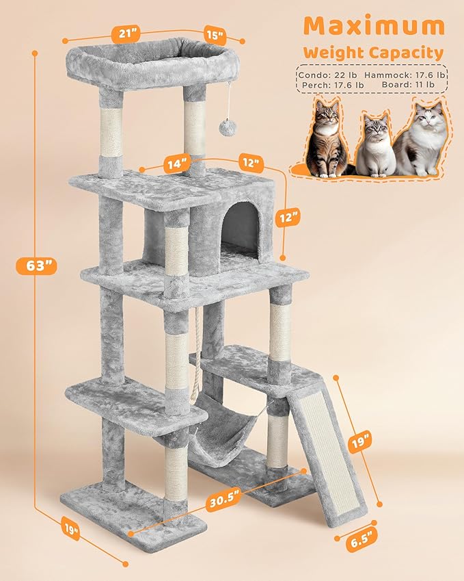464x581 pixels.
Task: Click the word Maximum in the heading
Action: pos(374,26)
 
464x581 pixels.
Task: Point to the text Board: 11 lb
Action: pos(407,85)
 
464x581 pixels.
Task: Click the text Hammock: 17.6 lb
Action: pos(405,73)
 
